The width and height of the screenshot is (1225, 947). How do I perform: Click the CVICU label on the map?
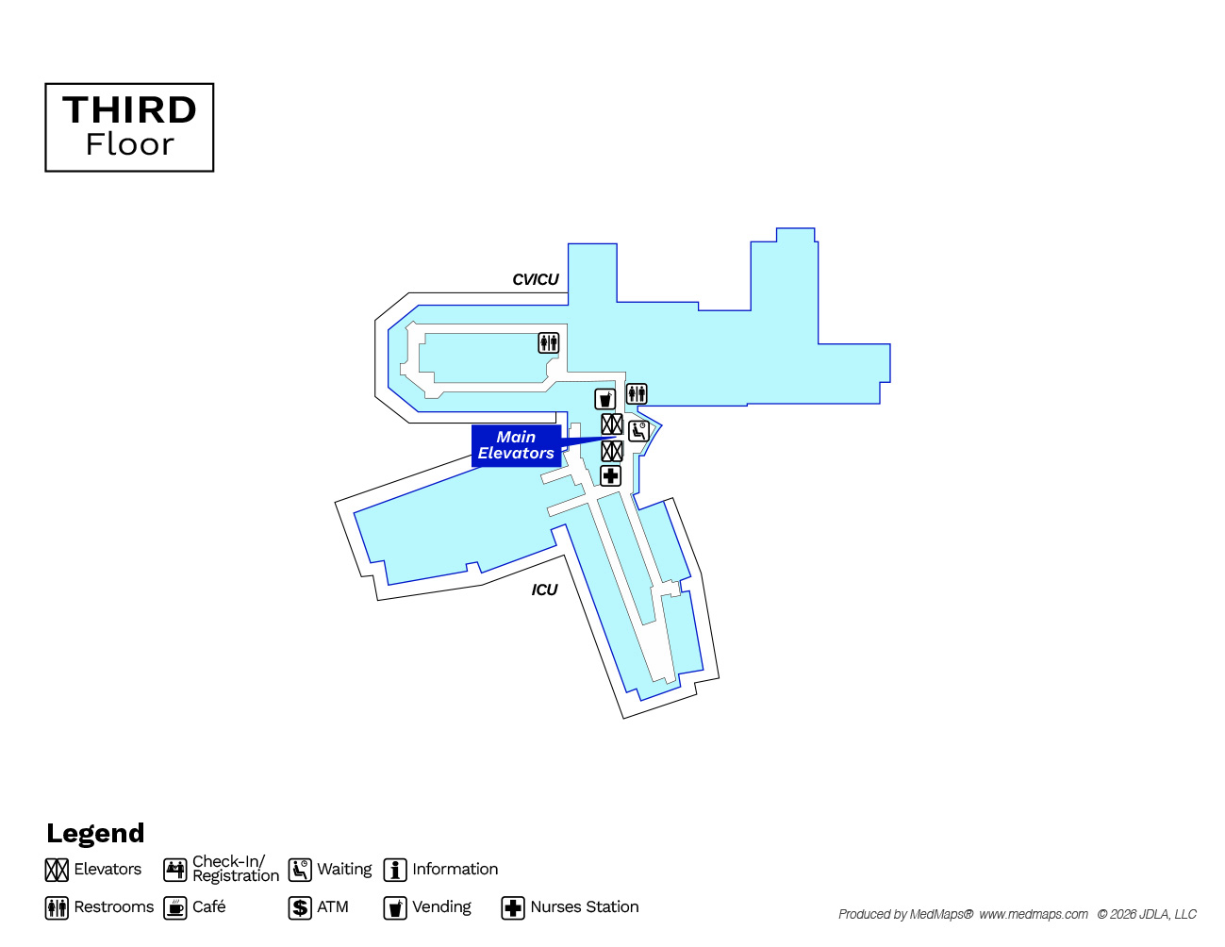point(535,279)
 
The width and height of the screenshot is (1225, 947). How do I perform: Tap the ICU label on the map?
point(544,590)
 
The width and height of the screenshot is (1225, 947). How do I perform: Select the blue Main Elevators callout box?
point(516,445)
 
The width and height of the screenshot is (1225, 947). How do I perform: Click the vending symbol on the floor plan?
point(604,399)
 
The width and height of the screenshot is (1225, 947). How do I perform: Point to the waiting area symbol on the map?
point(638,431)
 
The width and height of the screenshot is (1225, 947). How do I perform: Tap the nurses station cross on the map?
point(610,475)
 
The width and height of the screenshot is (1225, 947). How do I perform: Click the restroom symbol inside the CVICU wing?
point(549,342)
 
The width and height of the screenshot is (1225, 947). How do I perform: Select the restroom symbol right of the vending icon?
point(637,393)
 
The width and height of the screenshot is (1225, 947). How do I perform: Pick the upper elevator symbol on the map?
point(612,424)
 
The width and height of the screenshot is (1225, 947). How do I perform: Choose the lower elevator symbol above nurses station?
point(612,451)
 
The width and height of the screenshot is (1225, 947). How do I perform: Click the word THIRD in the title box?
point(129,109)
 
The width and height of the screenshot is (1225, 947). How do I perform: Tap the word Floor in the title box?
point(129,144)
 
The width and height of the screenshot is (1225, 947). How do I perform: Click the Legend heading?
point(95,833)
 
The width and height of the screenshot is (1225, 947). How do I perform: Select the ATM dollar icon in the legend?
point(300,907)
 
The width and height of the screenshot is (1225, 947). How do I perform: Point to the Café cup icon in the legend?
point(175,907)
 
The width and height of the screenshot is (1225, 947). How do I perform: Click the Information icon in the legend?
point(395,870)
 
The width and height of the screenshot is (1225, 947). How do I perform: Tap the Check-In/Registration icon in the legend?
point(175,870)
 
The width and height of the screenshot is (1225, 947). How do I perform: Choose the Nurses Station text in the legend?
point(585,906)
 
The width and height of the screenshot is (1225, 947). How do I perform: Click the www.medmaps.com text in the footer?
point(1034,914)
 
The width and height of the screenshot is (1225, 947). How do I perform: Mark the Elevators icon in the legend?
point(57,870)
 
